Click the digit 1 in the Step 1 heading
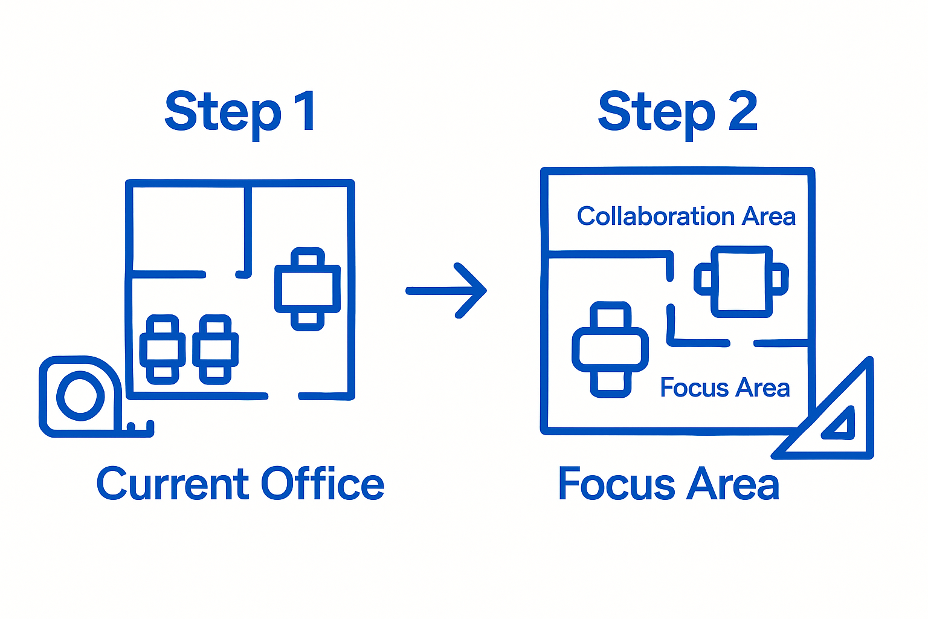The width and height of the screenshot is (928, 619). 306,111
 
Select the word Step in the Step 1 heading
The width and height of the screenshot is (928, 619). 223,112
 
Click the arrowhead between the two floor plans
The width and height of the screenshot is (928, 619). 474,291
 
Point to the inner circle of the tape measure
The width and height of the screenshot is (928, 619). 80,396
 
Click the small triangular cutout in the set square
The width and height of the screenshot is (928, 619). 842,423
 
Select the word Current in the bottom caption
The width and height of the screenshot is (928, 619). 173,485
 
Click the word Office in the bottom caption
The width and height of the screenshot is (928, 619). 323,485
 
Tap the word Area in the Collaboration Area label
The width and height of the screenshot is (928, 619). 768,216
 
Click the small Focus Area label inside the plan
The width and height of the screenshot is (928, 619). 724,388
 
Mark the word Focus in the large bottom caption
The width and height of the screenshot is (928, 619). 616,485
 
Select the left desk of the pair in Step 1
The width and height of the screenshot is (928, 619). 163,349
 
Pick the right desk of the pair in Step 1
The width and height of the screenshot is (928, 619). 215,349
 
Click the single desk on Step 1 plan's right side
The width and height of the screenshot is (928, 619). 308,289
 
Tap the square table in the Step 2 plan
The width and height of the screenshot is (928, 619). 741,281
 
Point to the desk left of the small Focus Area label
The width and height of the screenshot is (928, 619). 610,349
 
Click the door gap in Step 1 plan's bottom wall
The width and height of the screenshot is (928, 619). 283,397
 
